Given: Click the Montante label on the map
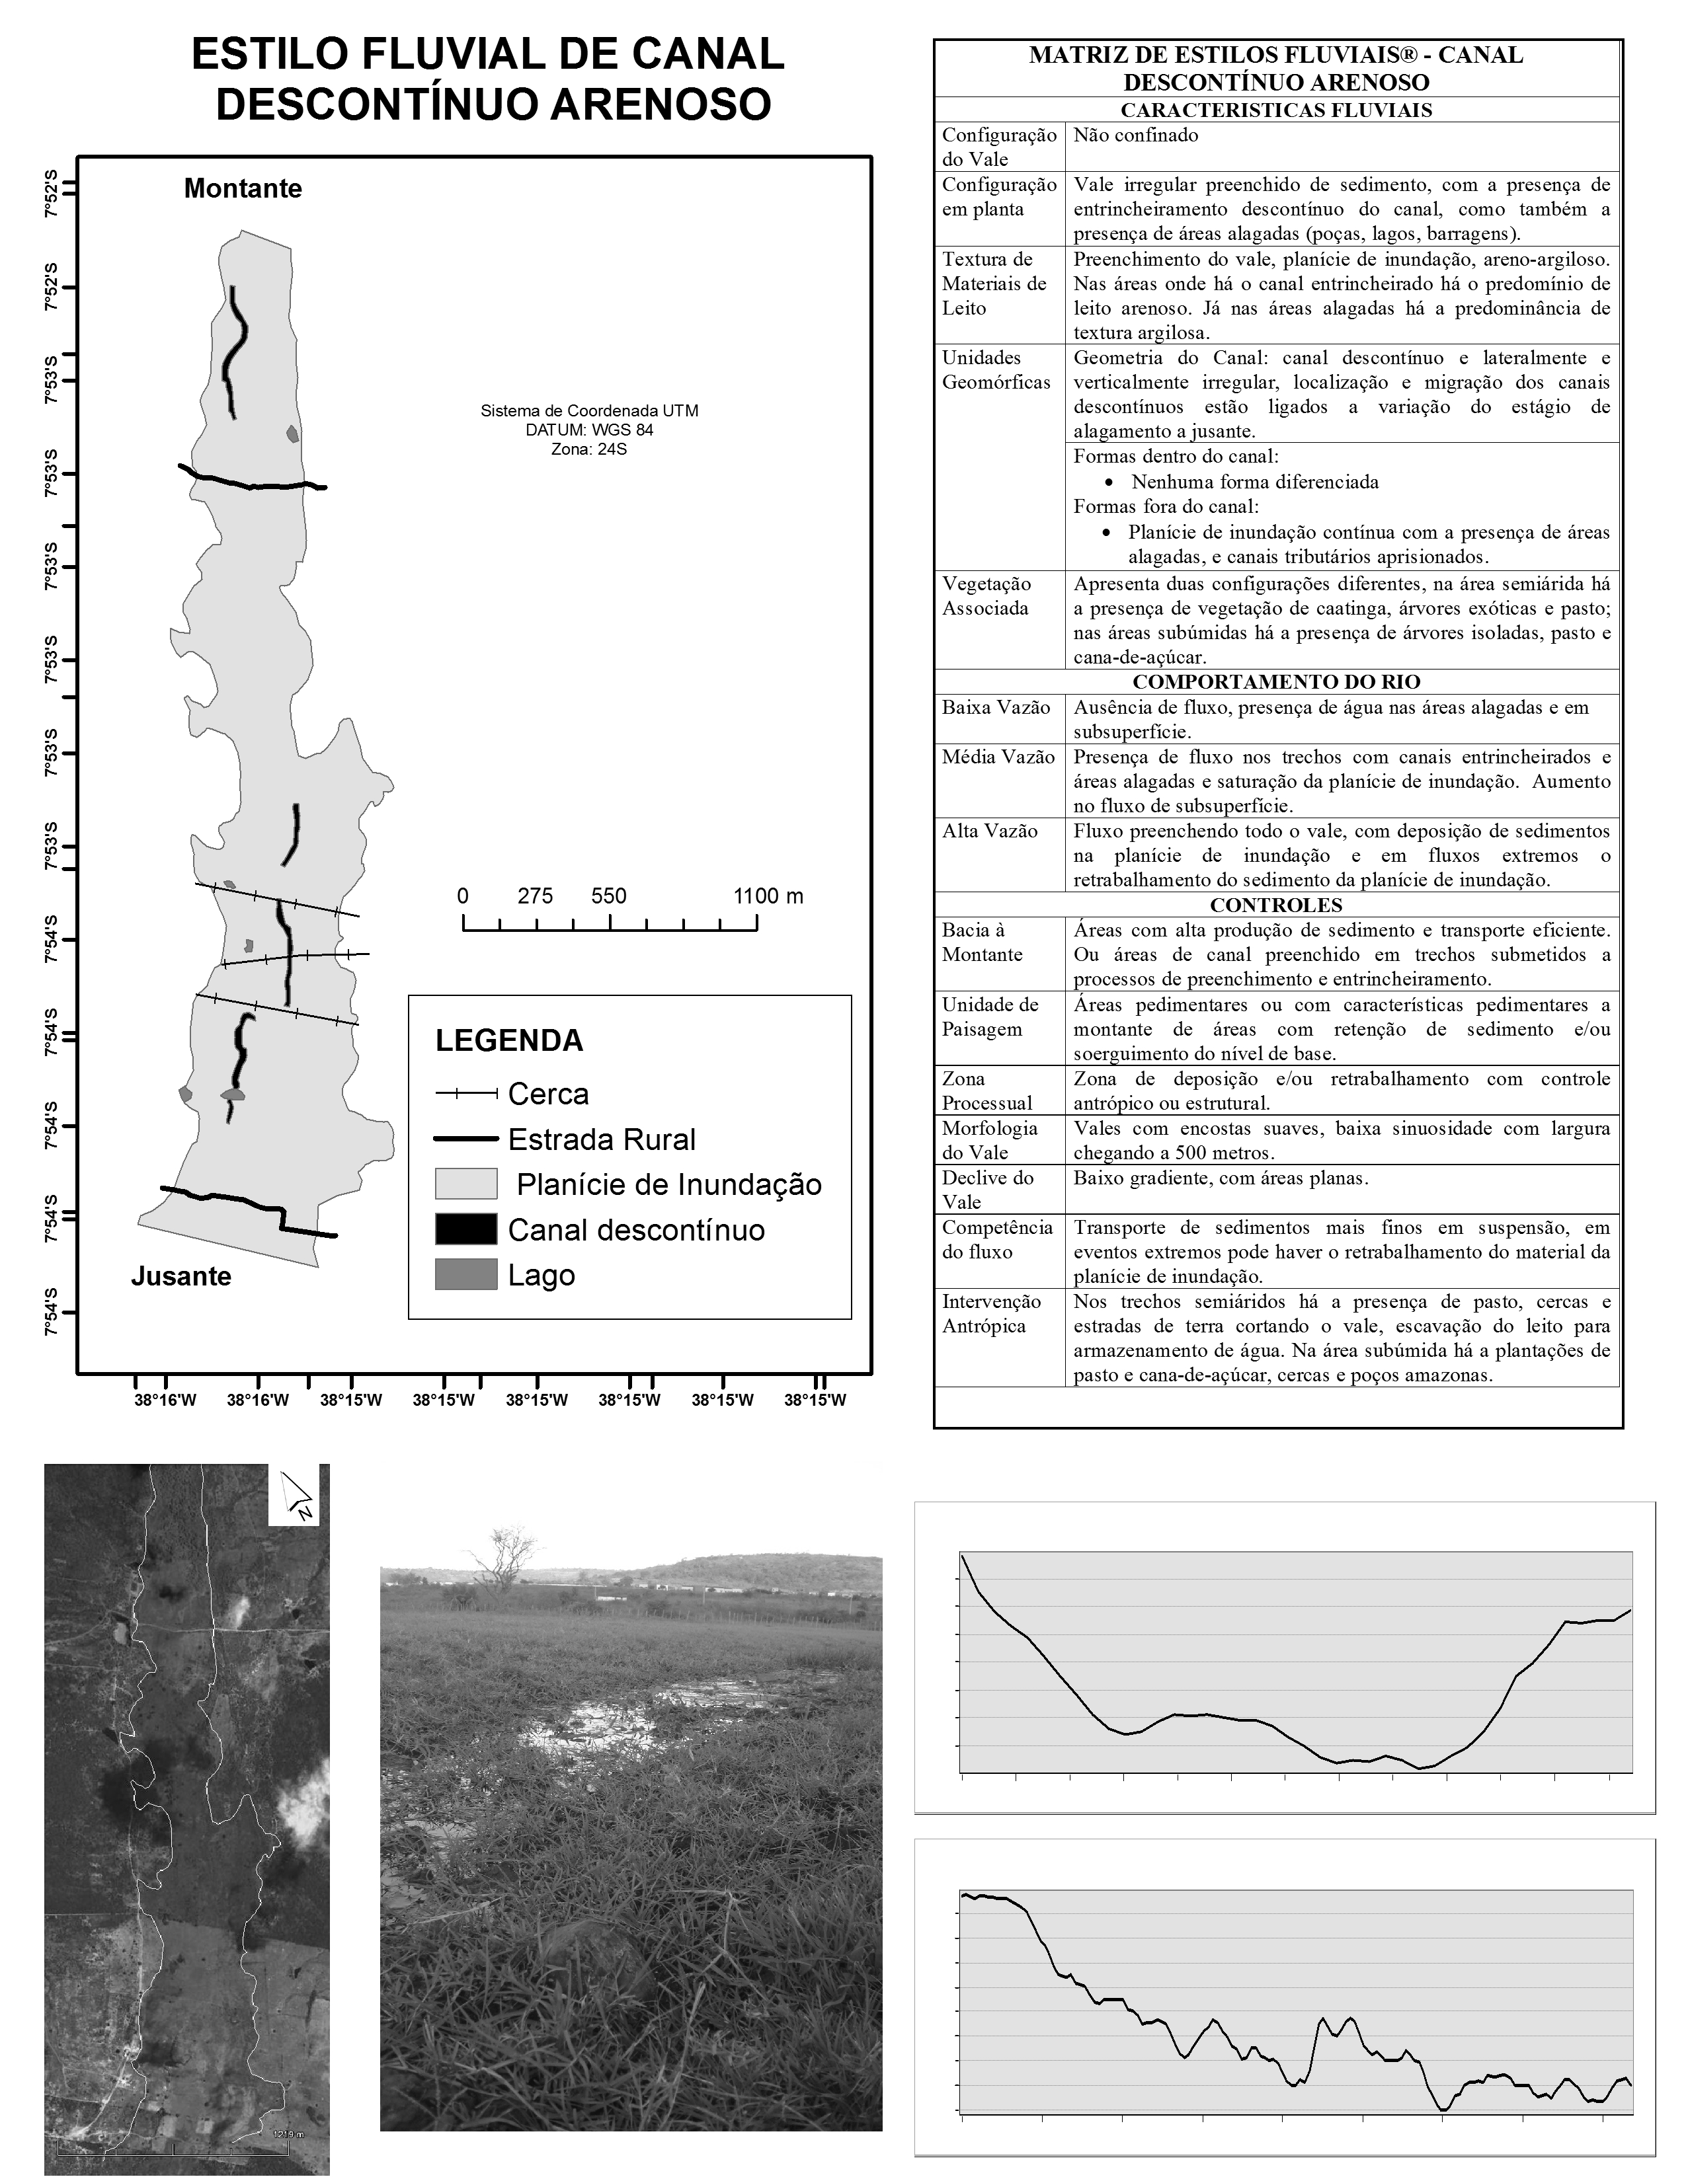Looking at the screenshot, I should (x=243, y=189).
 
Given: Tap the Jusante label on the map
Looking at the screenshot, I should (x=181, y=1276).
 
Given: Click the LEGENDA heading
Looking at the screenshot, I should (x=509, y=1040).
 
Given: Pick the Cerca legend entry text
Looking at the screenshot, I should (x=548, y=1094).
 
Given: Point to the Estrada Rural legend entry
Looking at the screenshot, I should (x=601, y=1139).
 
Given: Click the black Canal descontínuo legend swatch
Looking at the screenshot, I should (x=465, y=1229).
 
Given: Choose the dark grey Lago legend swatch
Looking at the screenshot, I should (x=465, y=1276).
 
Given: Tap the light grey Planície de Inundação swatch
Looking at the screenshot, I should (x=465, y=1184).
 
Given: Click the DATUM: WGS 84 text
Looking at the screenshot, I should (x=589, y=430).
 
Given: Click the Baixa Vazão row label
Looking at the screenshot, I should (x=996, y=707).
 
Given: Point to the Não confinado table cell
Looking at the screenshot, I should (x=1136, y=135).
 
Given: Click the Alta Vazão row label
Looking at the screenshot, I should (x=990, y=831).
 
